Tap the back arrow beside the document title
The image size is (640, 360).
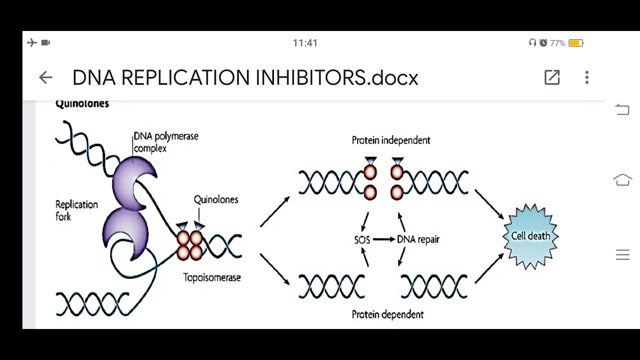click(x=45, y=77)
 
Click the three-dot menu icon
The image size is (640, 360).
click(x=587, y=77)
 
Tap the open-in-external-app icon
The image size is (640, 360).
click(x=552, y=77)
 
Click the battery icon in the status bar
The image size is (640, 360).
click(x=576, y=43)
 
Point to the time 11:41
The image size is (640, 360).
click(x=305, y=43)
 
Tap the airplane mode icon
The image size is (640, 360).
click(x=32, y=43)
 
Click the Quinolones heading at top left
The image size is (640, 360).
click(x=82, y=104)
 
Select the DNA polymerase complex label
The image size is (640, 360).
click(x=165, y=142)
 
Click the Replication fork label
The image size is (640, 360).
click(x=76, y=210)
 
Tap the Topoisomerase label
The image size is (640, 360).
click(x=212, y=277)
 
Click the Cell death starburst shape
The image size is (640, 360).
click(x=530, y=236)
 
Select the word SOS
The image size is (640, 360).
click(x=362, y=239)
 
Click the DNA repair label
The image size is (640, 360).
click(x=418, y=239)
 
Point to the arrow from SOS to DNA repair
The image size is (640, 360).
click(x=383, y=239)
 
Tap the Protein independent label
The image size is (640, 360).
click(x=391, y=140)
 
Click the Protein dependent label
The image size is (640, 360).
click(x=387, y=314)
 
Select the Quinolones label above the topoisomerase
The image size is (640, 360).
click(x=216, y=199)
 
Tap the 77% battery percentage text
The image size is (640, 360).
click(x=557, y=43)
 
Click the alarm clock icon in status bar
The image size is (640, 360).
click(x=543, y=43)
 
